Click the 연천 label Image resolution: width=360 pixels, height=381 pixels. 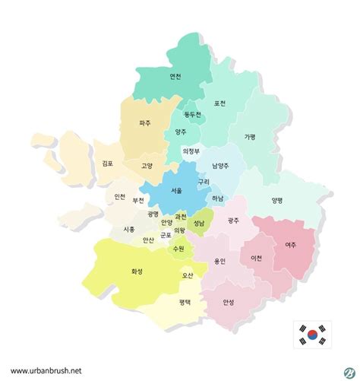175,76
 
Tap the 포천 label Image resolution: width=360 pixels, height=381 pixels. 220,104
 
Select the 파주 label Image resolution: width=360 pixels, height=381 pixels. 145,122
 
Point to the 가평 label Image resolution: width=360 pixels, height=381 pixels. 250,137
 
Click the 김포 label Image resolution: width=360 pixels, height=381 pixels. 108,163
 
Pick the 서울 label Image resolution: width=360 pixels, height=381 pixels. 176,191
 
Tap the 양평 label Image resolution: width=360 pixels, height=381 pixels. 277,201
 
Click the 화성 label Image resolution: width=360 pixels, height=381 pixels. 137,270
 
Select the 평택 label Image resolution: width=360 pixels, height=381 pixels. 185,302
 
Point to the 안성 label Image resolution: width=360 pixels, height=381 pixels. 229,301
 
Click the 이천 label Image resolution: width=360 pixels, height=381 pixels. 256,258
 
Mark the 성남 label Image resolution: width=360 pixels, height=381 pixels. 199,224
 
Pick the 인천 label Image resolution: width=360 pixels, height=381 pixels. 120,197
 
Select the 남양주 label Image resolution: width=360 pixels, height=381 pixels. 222,165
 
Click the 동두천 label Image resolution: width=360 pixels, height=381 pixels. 193,115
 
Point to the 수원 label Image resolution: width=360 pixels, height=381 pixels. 178,249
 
